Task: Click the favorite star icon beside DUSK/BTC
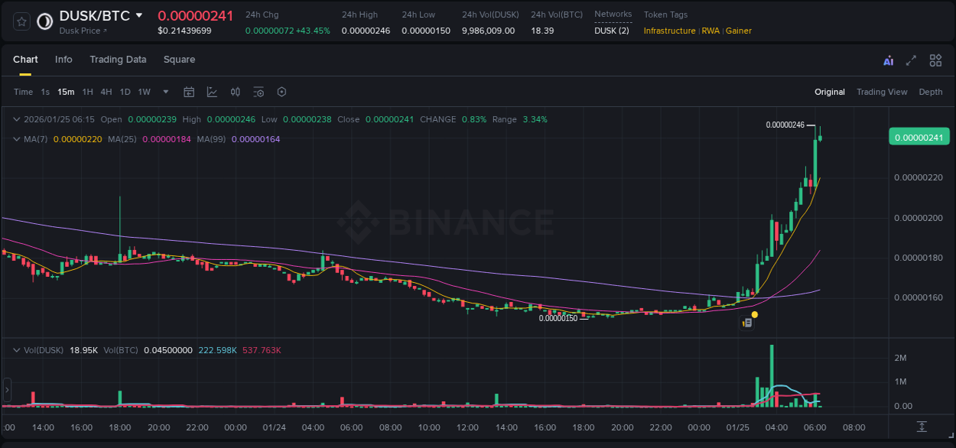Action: (x=22, y=21)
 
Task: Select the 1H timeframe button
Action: (x=88, y=92)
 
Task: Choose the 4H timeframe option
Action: (x=106, y=92)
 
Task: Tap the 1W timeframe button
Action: (x=144, y=92)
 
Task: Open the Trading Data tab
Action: (x=118, y=60)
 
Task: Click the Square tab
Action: (x=179, y=60)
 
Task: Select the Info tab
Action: (x=63, y=60)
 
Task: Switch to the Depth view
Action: (x=931, y=92)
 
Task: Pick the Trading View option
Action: (x=882, y=92)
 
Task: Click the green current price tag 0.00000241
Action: (x=919, y=137)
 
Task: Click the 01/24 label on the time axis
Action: (x=275, y=427)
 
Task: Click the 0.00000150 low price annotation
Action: (x=558, y=318)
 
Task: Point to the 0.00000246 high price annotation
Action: (x=785, y=125)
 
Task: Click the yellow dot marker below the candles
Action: (x=755, y=314)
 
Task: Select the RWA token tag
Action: (x=710, y=31)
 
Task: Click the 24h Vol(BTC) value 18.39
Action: (x=543, y=31)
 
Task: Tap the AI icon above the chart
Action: (x=888, y=61)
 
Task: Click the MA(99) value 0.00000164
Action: (x=255, y=139)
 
